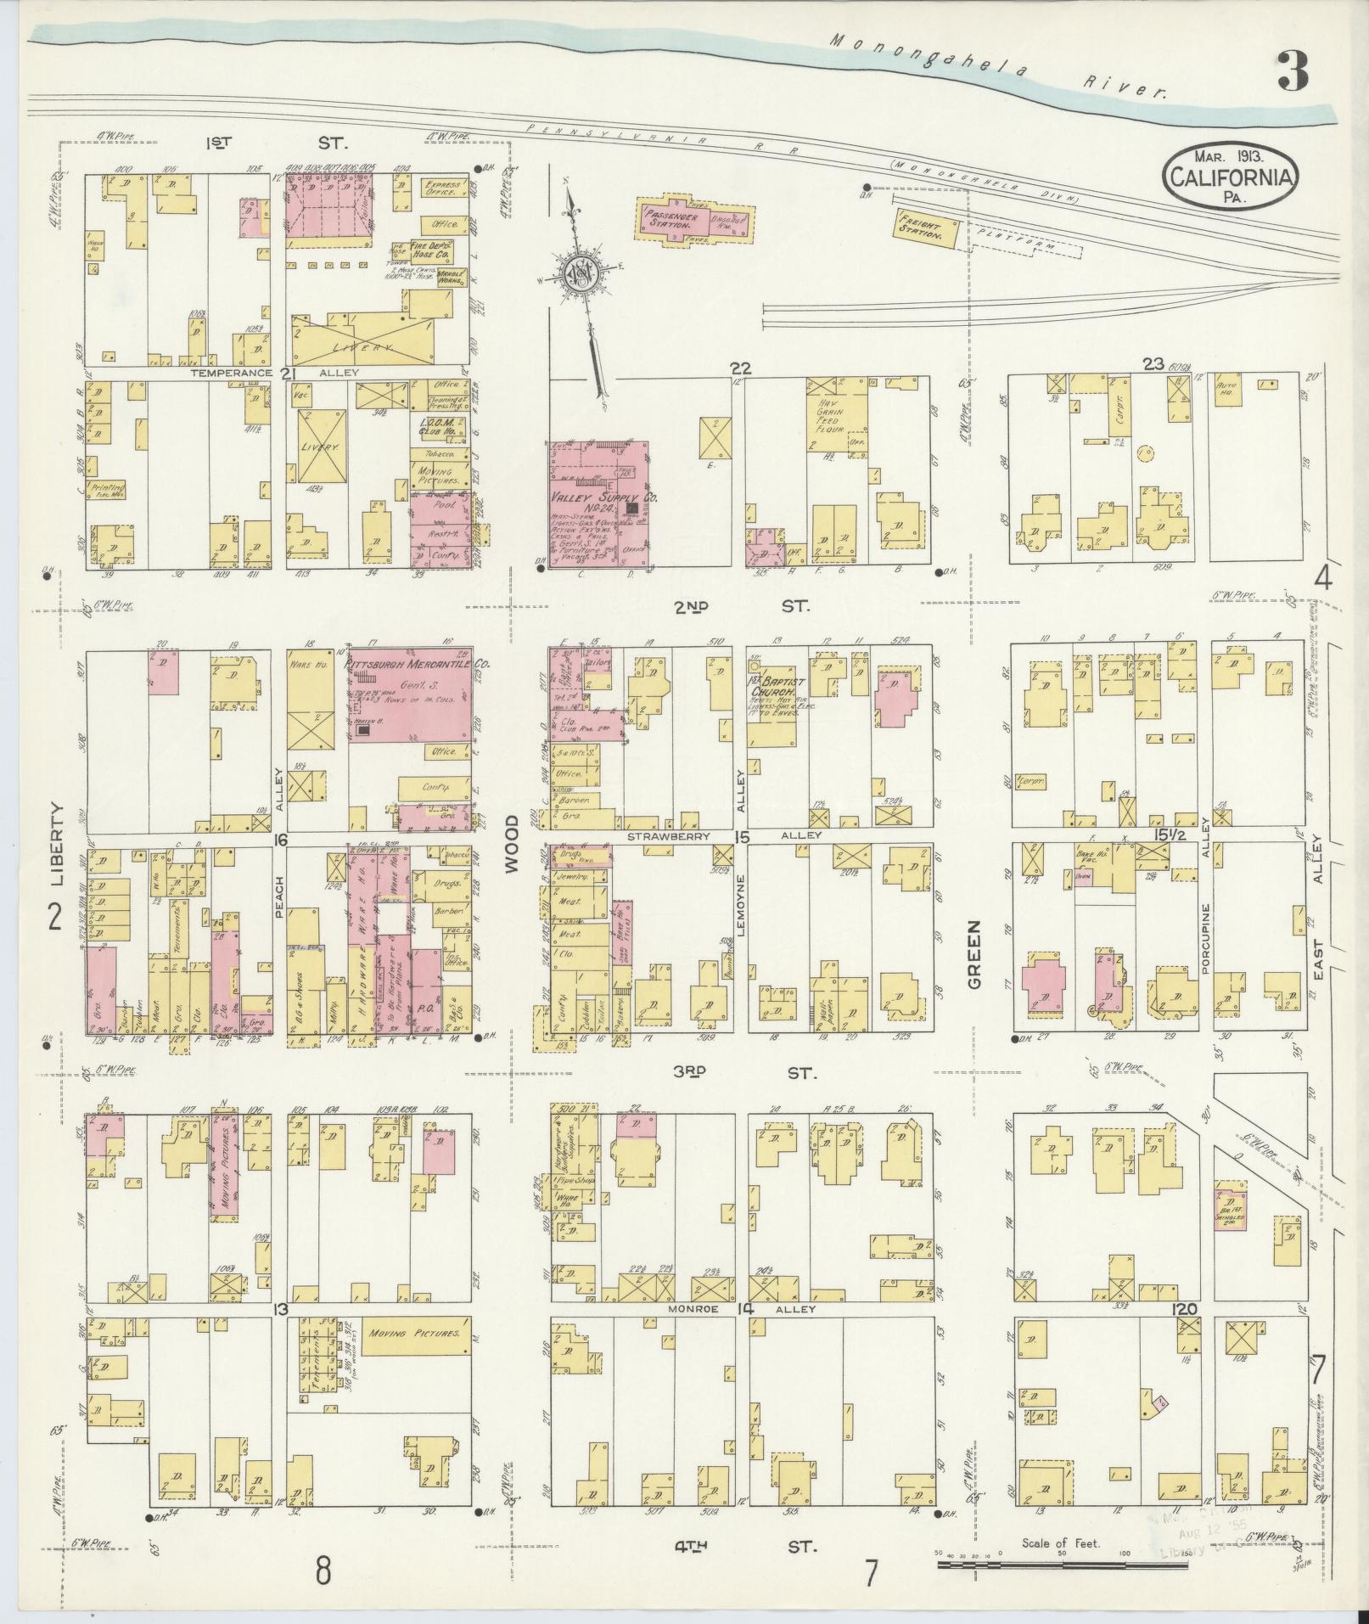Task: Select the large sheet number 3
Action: pyautogui.click(x=1293, y=71)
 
